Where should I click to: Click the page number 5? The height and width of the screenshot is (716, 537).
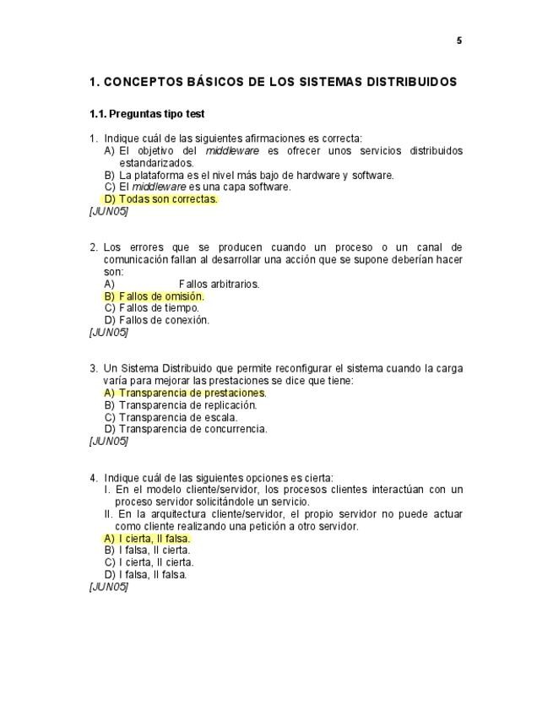pos(459,41)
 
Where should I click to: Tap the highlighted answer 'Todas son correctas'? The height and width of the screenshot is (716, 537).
pos(167,199)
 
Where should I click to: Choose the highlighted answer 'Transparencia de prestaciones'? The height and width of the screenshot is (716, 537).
pos(192,393)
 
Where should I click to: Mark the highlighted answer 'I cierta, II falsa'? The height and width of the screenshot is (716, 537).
pos(154,538)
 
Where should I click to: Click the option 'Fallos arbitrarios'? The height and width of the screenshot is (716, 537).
pos(219,285)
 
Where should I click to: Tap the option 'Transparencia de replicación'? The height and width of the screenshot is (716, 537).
pos(187,404)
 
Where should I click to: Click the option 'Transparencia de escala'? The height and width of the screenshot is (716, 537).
pos(177,417)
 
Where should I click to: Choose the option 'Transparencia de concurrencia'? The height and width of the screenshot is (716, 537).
pos(193,429)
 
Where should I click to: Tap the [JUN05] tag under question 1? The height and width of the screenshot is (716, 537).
pos(108,211)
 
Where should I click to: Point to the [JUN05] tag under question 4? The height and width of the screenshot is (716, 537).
pos(108,586)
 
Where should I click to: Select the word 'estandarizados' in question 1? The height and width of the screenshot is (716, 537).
pos(156,163)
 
